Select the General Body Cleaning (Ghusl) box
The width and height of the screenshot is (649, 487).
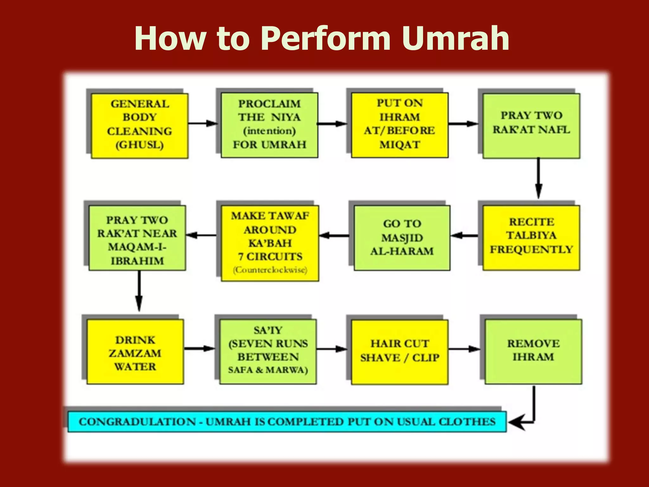(139, 126)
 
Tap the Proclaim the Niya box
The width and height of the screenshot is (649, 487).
(269, 125)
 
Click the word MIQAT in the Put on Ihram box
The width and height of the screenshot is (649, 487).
(400, 145)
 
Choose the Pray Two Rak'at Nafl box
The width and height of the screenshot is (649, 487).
(531, 126)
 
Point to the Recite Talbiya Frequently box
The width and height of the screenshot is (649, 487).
(531, 237)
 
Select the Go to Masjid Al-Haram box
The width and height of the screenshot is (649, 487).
(402, 237)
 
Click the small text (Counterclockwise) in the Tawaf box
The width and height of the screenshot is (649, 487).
(270, 270)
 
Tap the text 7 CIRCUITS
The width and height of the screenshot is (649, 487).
(270, 256)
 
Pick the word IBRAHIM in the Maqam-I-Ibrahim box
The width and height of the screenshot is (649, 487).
(137, 261)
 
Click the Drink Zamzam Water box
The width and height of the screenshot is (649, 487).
(135, 352)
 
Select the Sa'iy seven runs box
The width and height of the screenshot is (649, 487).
(268, 352)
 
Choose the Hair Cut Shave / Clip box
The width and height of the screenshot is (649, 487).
(400, 352)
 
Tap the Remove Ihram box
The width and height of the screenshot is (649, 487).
(533, 352)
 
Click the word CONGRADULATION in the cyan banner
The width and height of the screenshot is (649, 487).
(137, 422)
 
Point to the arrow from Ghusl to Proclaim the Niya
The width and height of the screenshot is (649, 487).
(203, 123)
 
